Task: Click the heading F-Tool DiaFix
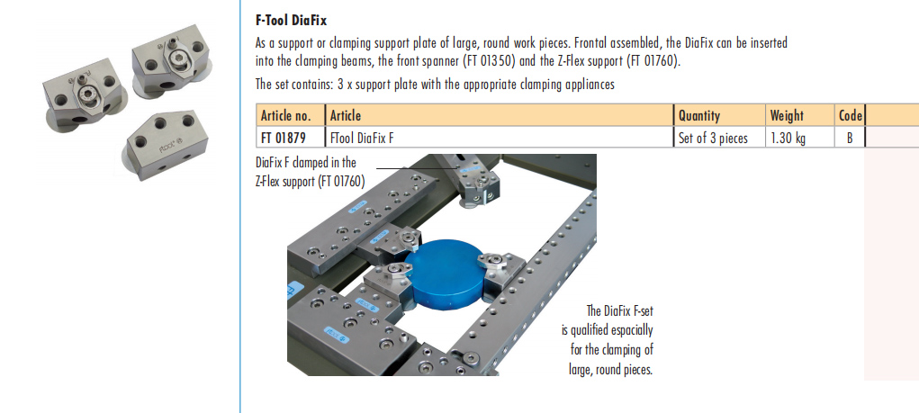pyautogui.click(x=292, y=21)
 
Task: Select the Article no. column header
pyautogui.click(x=290, y=115)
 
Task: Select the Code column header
pyautogui.click(x=850, y=115)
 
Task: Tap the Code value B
pyautogui.click(x=850, y=139)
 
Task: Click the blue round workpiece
pyautogui.click(x=447, y=274)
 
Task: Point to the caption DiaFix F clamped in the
pyautogui.click(x=306, y=162)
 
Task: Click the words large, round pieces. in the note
pyautogui.click(x=610, y=370)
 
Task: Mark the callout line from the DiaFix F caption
pyautogui.click(x=417, y=169)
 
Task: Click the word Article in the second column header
pyautogui.click(x=346, y=115)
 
